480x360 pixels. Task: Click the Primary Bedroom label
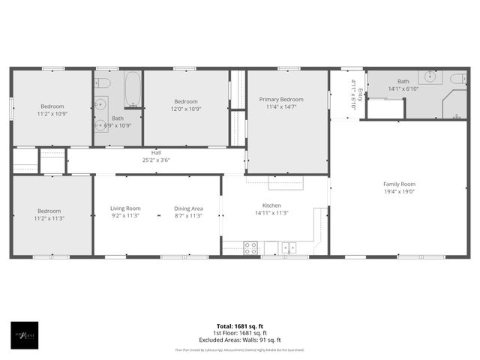pos(281,99)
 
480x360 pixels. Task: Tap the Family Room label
pos(399,184)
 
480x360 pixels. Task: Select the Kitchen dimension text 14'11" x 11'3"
pos(271,212)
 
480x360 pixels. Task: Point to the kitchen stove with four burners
pos(250,247)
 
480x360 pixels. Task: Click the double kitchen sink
pos(288,247)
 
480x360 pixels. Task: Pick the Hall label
pos(156,152)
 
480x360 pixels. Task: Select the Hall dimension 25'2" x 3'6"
pos(156,160)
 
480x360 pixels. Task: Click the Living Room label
pos(125,208)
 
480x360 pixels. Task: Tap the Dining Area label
pos(188,208)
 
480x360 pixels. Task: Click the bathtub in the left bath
pos(133,89)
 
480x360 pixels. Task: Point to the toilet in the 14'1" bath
pos(457,77)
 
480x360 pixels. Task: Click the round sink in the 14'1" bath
pos(431,76)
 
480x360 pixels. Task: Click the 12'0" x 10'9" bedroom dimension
pos(185,109)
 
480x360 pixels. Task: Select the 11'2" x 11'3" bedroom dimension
pos(51,218)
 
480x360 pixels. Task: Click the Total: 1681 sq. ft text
pos(239,326)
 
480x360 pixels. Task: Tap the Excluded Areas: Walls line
pos(239,340)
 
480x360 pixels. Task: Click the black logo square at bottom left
pos(25,334)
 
